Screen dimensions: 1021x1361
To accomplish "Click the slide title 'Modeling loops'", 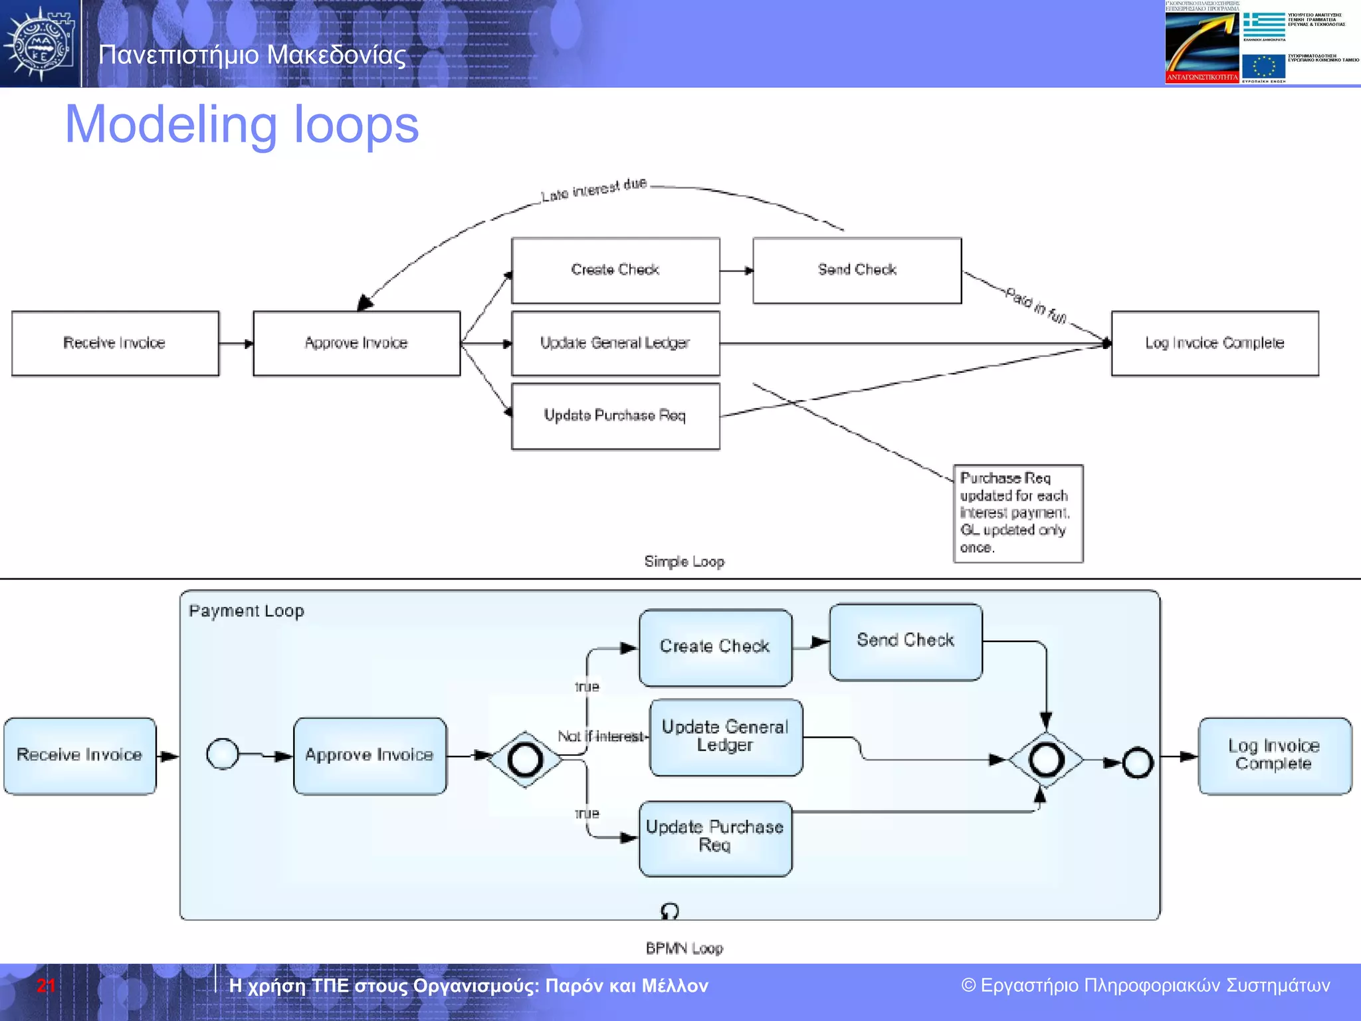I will pyautogui.click(x=242, y=125).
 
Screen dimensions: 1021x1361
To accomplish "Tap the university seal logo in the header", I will pyautogui.click(x=40, y=44).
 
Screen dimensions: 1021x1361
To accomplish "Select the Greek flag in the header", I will pyautogui.click(x=1264, y=25).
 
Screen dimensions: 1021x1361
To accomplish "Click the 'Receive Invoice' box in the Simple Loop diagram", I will pyautogui.click(x=115, y=343).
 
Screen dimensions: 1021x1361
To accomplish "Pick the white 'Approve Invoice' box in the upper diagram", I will pyautogui.click(x=356, y=343).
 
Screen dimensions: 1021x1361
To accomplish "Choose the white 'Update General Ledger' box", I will pyautogui.click(x=615, y=343).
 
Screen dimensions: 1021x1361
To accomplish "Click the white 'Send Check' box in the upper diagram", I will pyautogui.click(x=857, y=270).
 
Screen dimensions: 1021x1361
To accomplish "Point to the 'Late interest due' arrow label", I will pyautogui.click(x=593, y=189).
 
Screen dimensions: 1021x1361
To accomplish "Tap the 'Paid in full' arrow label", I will pyautogui.click(x=1036, y=305).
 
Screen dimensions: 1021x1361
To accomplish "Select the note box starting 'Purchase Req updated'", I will pyautogui.click(x=1017, y=513).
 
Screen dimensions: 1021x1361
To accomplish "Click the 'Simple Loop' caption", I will pyautogui.click(x=684, y=562).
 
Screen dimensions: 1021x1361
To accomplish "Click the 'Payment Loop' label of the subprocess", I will pyautogui.click(x=247, y=611).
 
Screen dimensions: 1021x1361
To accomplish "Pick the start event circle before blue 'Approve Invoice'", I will pyautogui.click(x=223, y=754).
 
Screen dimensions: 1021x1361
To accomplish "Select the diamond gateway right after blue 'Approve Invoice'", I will pyautogui.click(x=525, y=759).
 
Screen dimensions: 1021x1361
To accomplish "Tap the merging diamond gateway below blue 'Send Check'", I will pyautogui.click(x=1045, y=759).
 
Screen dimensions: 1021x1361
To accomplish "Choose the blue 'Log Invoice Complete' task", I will pyautogui.click(x=1274, y=755).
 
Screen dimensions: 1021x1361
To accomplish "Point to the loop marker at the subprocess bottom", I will pyautogui.click(x=670, y=910).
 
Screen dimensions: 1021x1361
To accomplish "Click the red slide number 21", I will pyautogui.click(x=45, y=986).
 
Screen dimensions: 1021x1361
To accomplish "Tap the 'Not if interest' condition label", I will pyautogui.click(x=601, y=737).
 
